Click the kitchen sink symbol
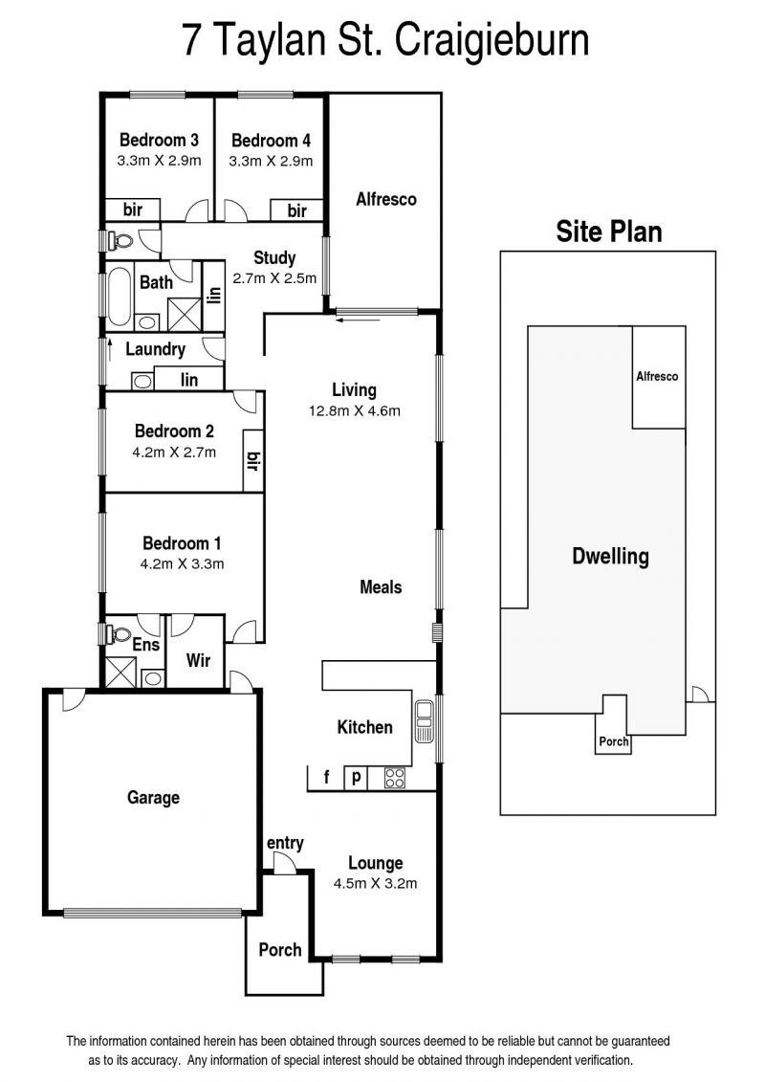click(424, 721)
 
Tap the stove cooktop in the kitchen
click(395, 778)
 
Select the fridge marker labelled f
click(326, 778)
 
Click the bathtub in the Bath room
click(120, 296)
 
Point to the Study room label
click(274, 258)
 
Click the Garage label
click(153, 798)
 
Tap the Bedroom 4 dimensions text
click(271, 161)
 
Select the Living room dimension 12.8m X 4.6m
click(355, 410)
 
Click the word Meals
click(381, 587)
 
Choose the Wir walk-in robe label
click(198, 660)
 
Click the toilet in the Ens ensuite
click(120, 632)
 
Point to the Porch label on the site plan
click(614, 741)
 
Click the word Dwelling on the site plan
click(610, 556)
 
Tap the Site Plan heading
click(609, 232)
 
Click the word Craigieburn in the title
click(492, 41)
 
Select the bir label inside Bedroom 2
click(253, 460)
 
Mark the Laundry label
click(155, 349)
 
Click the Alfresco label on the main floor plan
click(386, 199)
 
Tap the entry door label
click(285, 843)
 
